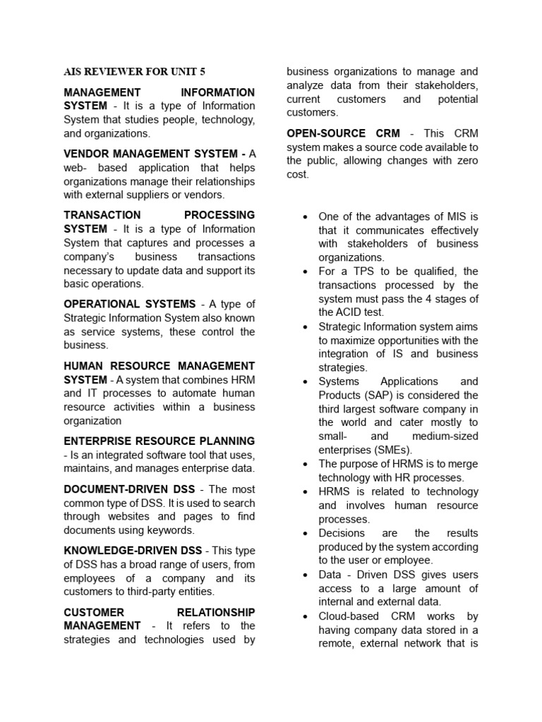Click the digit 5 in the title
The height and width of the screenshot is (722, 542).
click(x=202, y=71)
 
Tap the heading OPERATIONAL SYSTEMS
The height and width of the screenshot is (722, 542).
click(x=130, y=304)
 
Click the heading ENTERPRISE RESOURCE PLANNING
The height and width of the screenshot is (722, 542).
click(x=159, y=441)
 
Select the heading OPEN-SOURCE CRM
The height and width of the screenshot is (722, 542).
click(x=343, y=133)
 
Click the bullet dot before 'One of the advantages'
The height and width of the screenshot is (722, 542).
click(x=303, y=216)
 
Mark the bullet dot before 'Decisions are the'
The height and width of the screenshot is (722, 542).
click(x=303, y=534)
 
